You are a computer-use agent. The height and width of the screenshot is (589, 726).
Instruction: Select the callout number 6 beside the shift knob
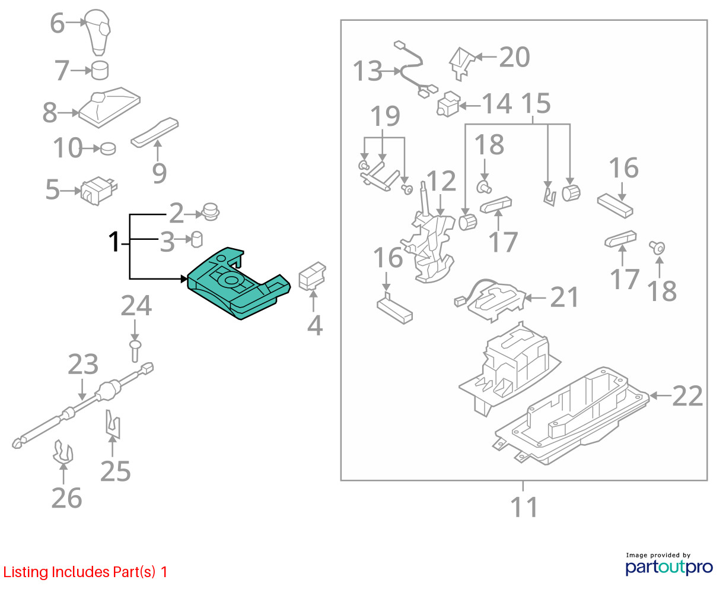[x=58, y=23]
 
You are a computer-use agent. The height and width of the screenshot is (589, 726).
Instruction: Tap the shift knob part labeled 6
[x=97, y=32]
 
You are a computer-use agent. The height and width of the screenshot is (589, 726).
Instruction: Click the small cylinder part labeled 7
[x=100, y=71]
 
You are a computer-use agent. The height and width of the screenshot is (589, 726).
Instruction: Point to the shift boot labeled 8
[x=109, y=107]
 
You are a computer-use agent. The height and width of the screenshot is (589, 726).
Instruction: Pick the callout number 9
[x=160, y=173]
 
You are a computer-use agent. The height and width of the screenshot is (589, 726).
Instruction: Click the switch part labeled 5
[x=98, y=191]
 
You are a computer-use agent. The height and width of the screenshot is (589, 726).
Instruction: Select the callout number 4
[x=314, y=325]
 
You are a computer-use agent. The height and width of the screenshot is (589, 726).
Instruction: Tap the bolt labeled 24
[x=135, y=351]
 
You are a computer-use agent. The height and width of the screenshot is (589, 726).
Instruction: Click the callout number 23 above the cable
[x=83, y=365]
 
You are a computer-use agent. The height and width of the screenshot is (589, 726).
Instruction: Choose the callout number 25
[x=116, y=471]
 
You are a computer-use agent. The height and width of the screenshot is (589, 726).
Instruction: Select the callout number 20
[x=514, y=57]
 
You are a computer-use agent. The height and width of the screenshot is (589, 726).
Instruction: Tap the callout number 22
[x=687, y=396]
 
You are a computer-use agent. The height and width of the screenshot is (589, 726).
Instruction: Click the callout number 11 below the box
[x=524, y=508]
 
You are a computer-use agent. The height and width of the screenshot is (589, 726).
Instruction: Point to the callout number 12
[x=441, y=181]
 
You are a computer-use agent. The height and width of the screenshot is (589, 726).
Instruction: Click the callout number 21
[x=564, y=297]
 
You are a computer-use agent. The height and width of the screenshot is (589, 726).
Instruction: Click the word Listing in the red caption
[x=26, y=572]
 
